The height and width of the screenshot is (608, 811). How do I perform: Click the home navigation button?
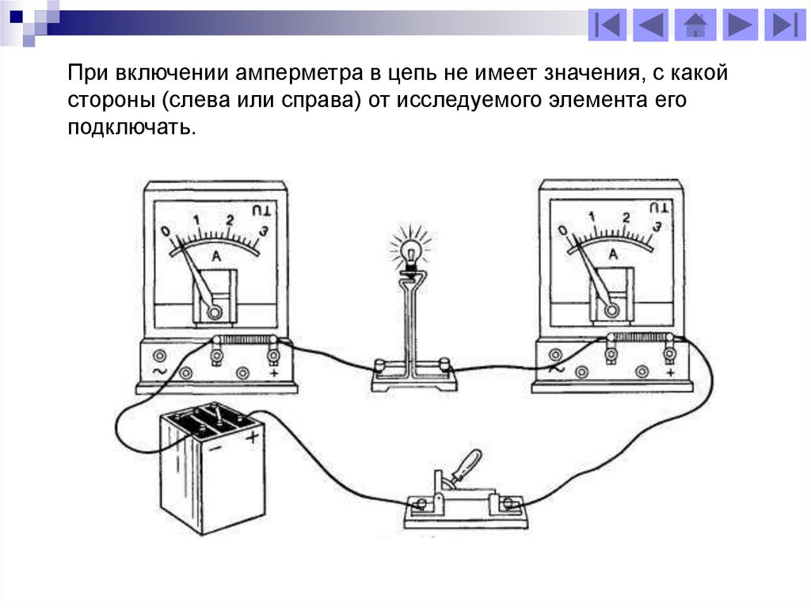(x=695, y=25)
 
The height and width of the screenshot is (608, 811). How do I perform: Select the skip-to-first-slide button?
(x=607, y=25)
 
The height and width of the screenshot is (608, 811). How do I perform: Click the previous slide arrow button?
(x=651, y=25)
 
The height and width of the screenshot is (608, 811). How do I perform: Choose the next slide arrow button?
(x=739, y=25)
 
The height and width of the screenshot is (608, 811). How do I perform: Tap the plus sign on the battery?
(x=253, y=437)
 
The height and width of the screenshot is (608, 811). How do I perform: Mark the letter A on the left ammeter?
(x=215, y=255)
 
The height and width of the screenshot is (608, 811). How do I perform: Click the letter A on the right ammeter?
(x=612, y=253)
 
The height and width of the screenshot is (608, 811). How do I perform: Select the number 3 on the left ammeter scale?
(x=264, y=230)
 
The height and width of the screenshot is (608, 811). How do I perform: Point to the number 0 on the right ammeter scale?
(x=562, y=231)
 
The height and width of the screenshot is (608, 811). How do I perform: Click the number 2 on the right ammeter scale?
(x=626, y=217)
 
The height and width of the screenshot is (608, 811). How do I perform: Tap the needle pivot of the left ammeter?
(x=214, y=312)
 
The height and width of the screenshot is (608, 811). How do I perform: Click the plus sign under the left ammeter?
(x=273, y=372)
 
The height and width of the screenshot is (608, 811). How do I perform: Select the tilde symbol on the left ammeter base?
(x=158, y=371)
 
